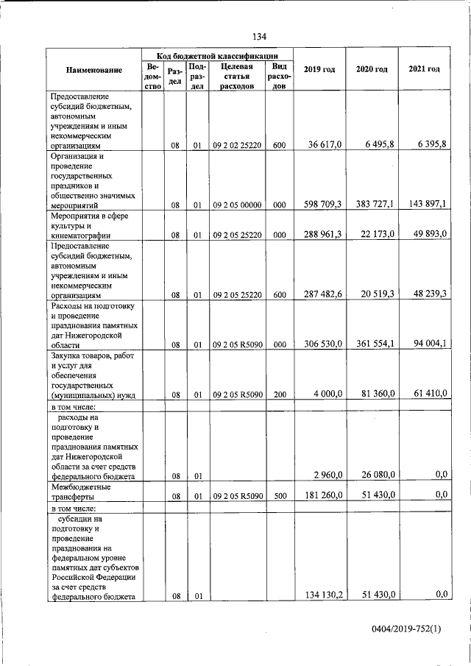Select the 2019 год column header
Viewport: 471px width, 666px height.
pyautogui.click(x=319, y=69)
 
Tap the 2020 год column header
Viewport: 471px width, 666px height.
pyautogui.click(x=372, y=69)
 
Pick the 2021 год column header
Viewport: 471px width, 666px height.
pyautogui.click(x=424, y=69)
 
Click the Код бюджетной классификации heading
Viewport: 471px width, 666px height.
pyautogui.click(x=217, y=56)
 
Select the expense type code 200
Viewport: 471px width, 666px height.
pyautogui.click(x=279, y=394)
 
